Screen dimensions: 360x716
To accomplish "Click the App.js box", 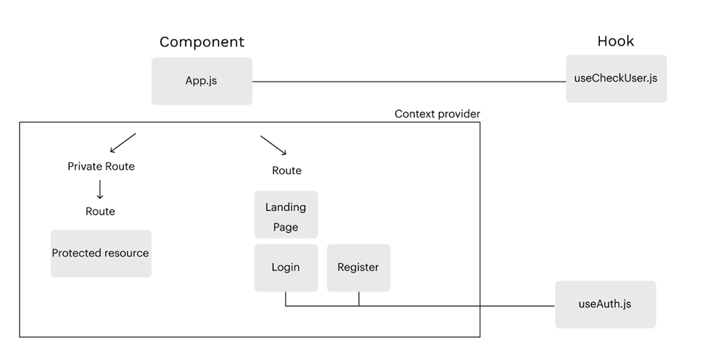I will [x=201, y=81].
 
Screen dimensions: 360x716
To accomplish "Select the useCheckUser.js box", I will [x=616, y=79].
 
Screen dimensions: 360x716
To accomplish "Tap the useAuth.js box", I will [x=605, y=304].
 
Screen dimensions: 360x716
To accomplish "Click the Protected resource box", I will [x=101, y=253].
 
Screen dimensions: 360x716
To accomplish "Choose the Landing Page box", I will [x=286, y=215].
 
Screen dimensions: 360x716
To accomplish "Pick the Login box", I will [x=286, y=267].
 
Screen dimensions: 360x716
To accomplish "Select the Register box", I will [x=358, y=267].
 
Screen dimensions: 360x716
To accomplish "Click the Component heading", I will [x=202, y=42].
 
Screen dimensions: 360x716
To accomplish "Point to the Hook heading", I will [x=615, y=41].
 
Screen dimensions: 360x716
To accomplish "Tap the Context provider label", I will [x=437, y=114].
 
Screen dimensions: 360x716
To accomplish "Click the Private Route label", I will [x=101, y=166].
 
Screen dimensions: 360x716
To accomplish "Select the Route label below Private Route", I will [x=100, y=211].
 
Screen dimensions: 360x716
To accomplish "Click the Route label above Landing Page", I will [x=286, y=170].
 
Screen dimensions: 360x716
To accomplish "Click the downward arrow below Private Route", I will [x=100, y=189].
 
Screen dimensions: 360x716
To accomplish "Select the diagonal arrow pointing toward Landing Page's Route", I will [x=272, y=145].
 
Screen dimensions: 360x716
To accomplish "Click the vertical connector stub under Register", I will [x=358, y=298].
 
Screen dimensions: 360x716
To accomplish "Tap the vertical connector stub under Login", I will [x=286, y=298].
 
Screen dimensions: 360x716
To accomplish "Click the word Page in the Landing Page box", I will [x=286, y=227].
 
